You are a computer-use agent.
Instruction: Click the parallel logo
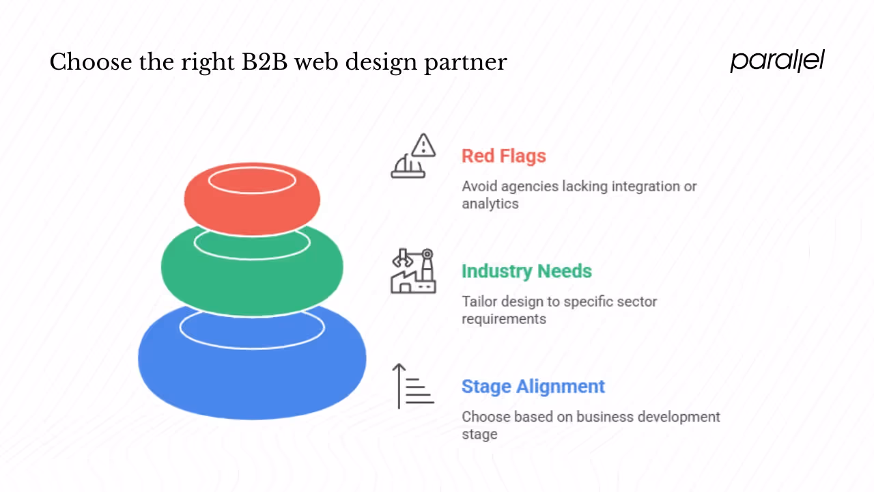click(777, 61)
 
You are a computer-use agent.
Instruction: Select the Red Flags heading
click(503, 156)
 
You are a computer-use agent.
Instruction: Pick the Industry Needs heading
click(526, 271)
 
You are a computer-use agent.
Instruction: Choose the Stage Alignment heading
click(533, 386)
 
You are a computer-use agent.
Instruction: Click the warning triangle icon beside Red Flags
click(424, 145)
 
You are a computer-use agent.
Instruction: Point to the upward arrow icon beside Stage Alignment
click(399, 386)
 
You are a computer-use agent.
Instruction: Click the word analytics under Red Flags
click(490, 204)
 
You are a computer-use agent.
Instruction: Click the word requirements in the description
click(503, 319)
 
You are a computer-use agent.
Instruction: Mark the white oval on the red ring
click(252, 181)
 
